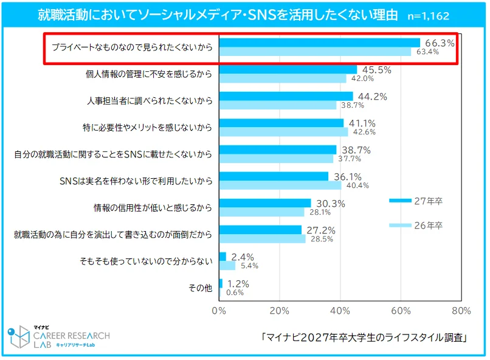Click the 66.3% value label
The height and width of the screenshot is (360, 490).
click(439, 43)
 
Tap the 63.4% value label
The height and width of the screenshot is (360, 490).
click(428, 52)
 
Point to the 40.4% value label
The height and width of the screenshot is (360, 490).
click(358, 185)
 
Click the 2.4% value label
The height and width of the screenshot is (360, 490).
click(242, 257)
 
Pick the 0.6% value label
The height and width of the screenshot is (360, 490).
click(235, 292)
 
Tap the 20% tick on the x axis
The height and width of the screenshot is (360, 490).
click(279, 311)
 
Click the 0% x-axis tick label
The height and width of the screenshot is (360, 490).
click(218, 311)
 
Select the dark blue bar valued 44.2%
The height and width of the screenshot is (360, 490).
click(286, 96)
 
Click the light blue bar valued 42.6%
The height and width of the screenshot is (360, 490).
click(283, 132)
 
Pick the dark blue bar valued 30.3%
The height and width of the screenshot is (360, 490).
click(264, 203)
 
